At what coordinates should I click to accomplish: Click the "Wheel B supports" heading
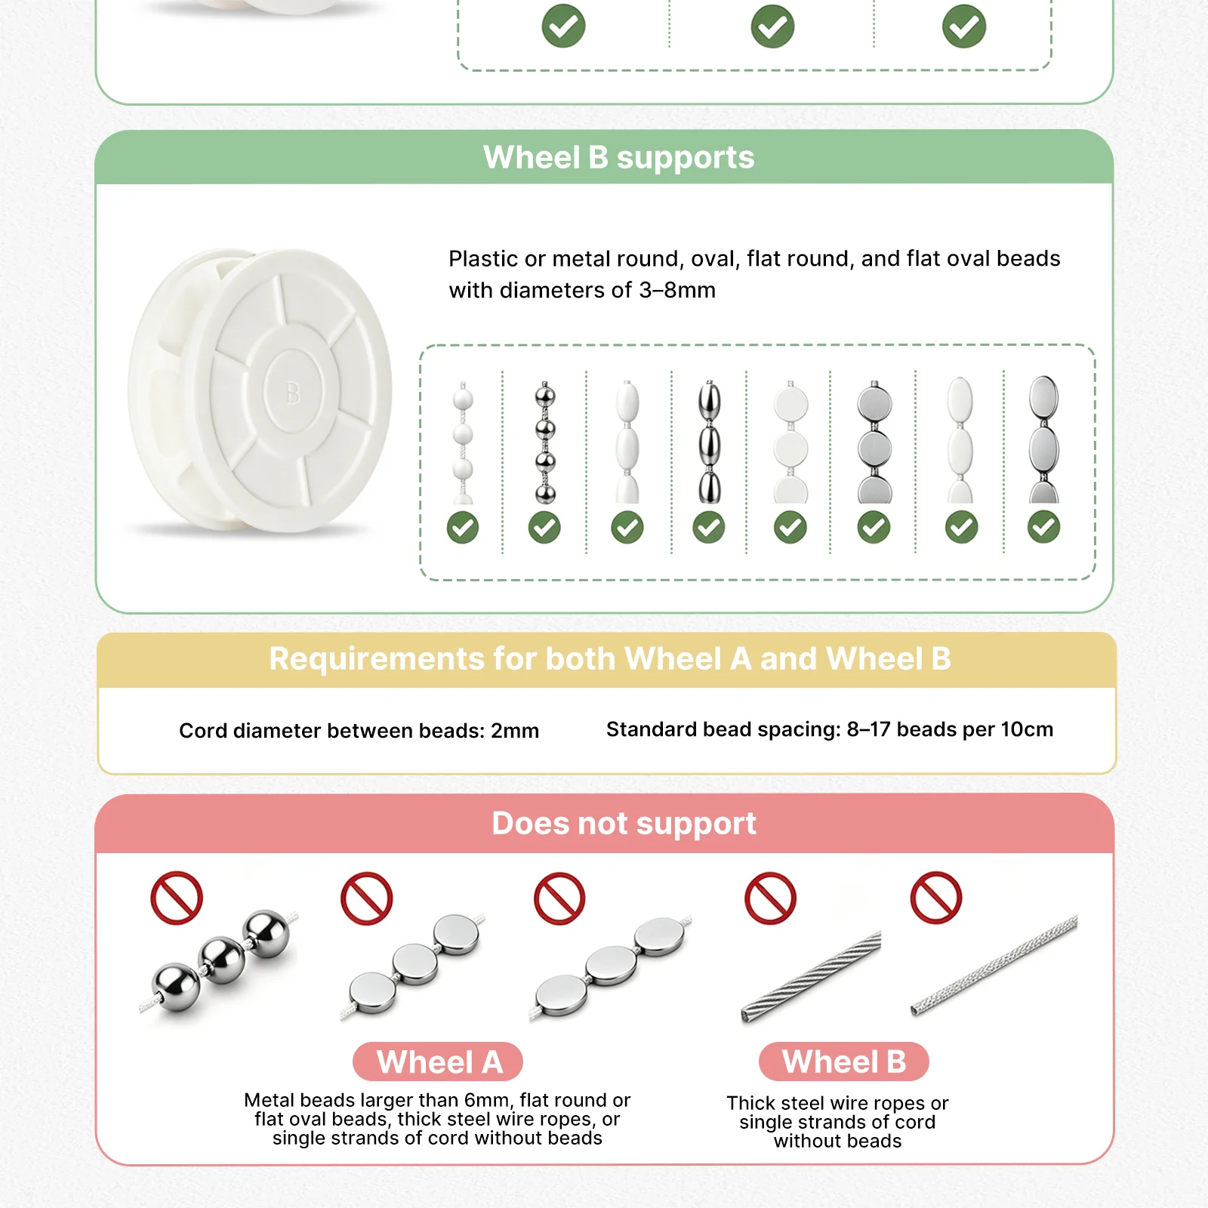point(619,158)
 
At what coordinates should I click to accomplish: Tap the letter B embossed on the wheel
point(293,393)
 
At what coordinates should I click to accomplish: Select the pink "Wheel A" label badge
point(438,1062)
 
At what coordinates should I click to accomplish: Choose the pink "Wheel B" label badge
point(844,1062)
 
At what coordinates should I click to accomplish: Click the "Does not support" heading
point(624,823)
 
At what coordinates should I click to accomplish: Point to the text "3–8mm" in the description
point(677,290)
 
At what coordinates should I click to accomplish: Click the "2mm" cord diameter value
point(515,731)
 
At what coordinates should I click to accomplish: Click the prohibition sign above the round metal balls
point(177,898)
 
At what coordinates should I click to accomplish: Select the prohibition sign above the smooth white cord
point(936,898)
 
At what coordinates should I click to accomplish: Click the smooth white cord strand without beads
point(994,965)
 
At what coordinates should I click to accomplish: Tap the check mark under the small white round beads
point(463,528)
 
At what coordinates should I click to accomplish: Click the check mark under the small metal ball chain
point(544,528)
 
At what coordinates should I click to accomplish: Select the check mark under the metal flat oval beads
point(1044,528)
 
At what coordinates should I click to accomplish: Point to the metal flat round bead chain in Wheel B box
point(874,442)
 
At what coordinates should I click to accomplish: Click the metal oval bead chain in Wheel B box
point(709,442)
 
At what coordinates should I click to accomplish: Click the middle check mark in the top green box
point(772,26)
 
